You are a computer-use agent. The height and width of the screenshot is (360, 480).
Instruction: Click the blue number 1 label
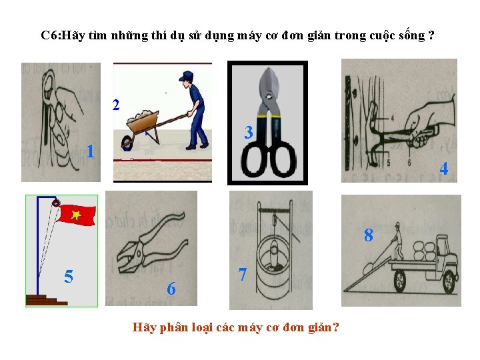coord(90,151)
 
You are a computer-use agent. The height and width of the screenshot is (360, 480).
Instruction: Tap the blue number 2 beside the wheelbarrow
coord(116,105)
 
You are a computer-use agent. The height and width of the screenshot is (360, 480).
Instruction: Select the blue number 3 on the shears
coord(249,132)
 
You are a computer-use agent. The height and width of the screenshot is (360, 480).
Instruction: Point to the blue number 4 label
coord(444,169)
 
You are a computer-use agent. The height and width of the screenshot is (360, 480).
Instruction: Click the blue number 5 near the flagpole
coord(69,277)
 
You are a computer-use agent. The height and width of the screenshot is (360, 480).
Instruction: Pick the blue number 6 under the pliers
coord(171,289)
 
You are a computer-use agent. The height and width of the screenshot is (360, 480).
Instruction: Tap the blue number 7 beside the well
coord(243,274)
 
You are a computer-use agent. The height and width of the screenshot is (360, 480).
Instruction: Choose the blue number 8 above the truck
coord(369,235)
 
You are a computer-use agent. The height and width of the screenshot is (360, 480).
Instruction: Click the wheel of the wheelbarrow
coord(127,143)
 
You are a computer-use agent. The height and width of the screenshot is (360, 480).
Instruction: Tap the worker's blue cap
coord(186,75)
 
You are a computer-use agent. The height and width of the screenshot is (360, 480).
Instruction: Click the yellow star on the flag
coord(75,215)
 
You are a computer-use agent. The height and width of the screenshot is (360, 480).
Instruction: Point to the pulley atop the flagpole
coord(56,203)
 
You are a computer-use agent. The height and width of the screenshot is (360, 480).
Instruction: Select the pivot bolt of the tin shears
coord(269,97)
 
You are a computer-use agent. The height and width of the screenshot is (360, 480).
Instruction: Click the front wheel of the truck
coord(449,281)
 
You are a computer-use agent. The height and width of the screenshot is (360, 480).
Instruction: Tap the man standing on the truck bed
coord(398,241)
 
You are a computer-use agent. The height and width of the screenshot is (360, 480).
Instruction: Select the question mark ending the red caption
coord(335,327)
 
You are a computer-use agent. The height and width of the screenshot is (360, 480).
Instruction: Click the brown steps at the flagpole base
coord(47,300)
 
